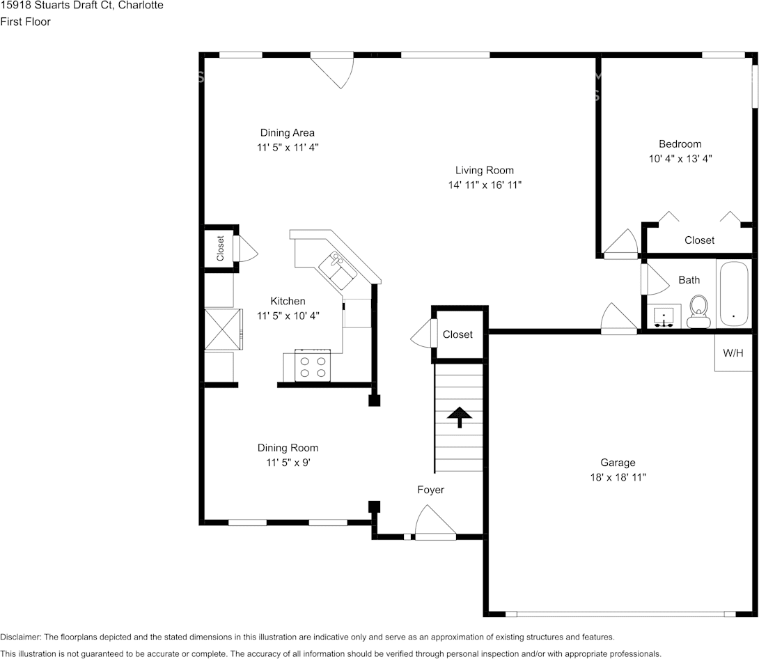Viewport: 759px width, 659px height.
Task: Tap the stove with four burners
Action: pos(312,366)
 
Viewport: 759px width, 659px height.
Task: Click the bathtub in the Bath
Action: pos(733,293)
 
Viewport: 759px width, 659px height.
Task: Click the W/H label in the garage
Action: pos(733,353)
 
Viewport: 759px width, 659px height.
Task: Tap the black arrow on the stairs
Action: pos(459,416)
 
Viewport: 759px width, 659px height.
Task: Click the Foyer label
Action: pos(430,490)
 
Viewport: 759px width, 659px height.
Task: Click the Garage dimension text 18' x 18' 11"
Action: pos(618,478)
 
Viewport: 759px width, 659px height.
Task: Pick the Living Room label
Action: pos(485,170)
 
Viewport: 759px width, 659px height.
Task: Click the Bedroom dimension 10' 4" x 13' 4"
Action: pos(680,159)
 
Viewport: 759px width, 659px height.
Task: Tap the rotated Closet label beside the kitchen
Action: pos(221,248)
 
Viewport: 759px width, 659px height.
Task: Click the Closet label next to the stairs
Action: pos(457,335)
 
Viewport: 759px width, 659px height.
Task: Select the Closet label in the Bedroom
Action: pos(699,240)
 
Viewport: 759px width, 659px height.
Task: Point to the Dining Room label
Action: pos(288,448)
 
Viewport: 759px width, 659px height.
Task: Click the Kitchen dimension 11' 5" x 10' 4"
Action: pos(288,316)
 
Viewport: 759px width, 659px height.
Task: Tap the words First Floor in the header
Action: pos(25,22)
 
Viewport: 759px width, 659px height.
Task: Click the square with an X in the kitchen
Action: pos(222,329)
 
